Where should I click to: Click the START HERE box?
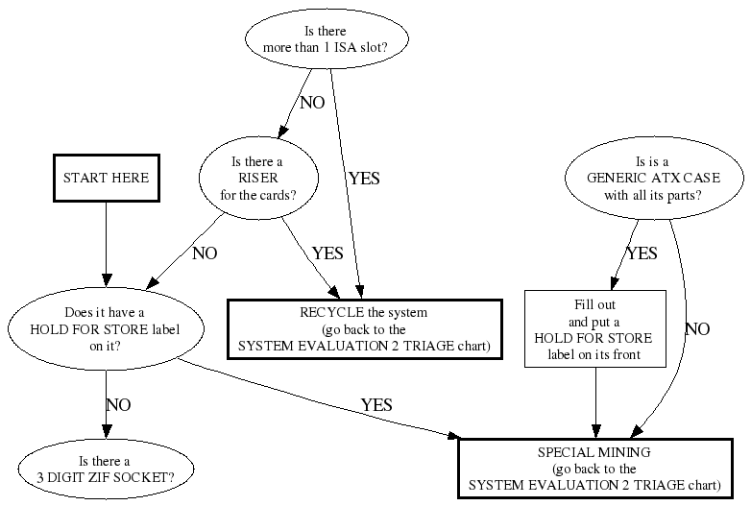[x=107, y=179]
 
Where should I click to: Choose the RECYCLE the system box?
[x=364, y=329]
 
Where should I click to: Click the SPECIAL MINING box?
[x=602, y=468]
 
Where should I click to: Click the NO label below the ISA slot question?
[x=312, y=103]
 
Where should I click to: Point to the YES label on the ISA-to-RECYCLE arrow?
[x=365, y=178]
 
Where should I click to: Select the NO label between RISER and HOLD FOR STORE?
[x=205, y=253]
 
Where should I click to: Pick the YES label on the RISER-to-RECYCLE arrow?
[x=327, y=253]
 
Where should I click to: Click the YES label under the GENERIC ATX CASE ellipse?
[x=642, y=253]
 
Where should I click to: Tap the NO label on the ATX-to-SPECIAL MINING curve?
[x=697, y=329]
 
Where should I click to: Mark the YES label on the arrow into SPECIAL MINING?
[x=376, y=405]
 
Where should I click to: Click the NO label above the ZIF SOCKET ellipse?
[x=117, y=405]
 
